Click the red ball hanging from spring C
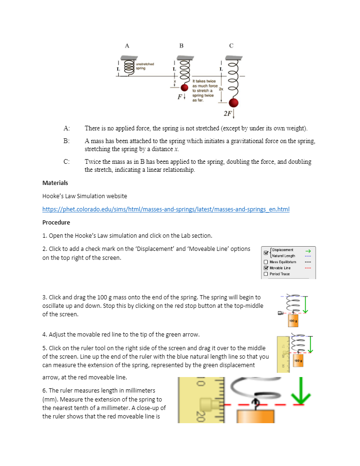[233, 103]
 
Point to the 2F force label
[228, 113]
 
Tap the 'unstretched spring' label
[144, 66]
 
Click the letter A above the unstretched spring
[127, 46]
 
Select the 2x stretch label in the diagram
[221, 88]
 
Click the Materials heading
[55, 183]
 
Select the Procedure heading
[56, 222]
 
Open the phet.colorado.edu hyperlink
[166, 209]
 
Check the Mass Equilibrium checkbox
[266, 262]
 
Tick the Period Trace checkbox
[266, 274]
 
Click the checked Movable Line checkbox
[266, 268]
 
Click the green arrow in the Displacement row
[308, 251]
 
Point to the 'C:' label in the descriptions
[67, 161]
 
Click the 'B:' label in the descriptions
[67, 141]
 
